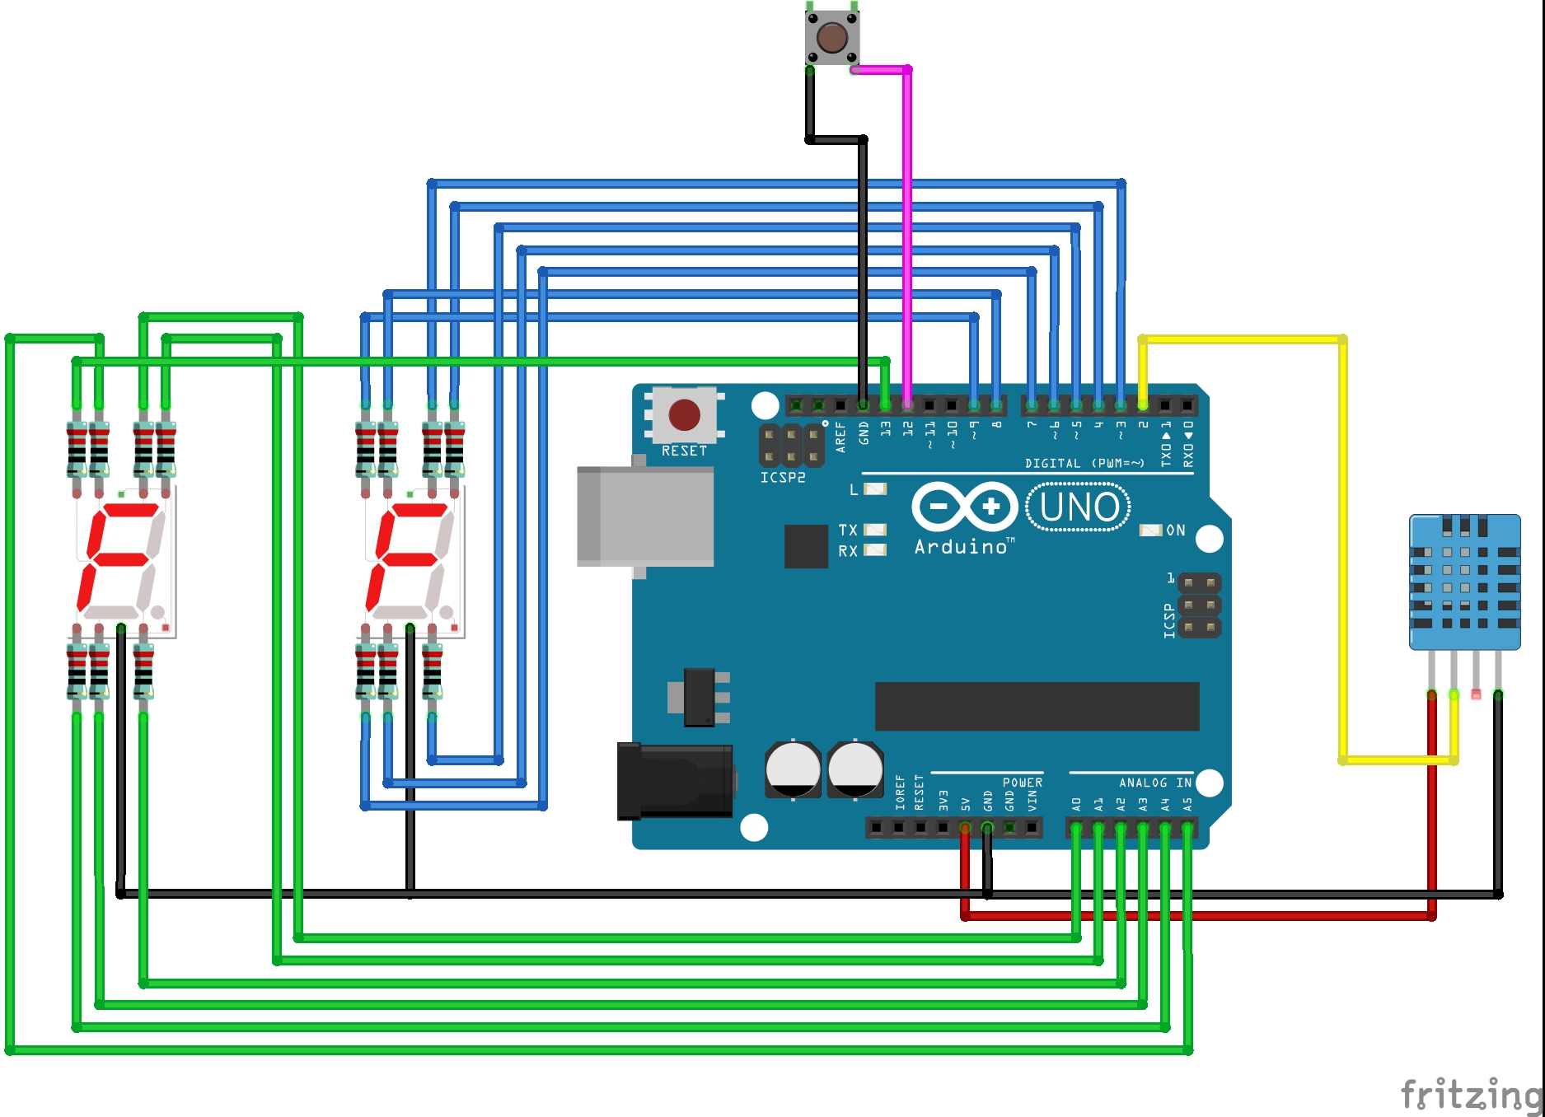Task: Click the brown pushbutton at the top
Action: point(831,37)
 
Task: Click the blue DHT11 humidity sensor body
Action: point(1464,582)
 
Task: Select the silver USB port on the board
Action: point(645,516)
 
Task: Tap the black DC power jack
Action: point(676,781)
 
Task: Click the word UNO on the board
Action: point(1079,507)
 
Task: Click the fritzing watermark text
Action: point(1470,1095)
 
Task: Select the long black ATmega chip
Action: point(1037,706)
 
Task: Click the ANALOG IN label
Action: point(1154,783)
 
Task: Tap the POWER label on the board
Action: point(1022,783)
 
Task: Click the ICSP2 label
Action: point(782,478)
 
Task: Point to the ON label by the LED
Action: point(1176,530)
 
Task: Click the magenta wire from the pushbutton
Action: point(907,231)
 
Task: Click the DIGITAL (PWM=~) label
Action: point(1084,464)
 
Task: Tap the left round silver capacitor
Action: point(793,769)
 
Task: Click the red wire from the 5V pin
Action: point(1195,915)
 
